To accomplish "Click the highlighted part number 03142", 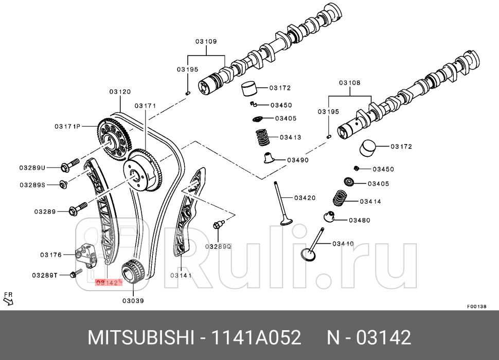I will coord(108,282).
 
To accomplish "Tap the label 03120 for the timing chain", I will coord(119,92).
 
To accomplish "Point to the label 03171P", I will coord(67,126).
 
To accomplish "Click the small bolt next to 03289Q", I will coord(218,225).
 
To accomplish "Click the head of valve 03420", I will coord(286,222).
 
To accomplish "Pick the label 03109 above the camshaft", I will coord(206,41).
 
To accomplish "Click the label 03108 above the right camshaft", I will coord(349,83).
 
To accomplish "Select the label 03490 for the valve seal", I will coord(297,160).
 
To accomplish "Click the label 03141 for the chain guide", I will coord(181,275).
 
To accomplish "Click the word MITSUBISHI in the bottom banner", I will coord(140,338).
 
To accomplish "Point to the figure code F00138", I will coord(476,306).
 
